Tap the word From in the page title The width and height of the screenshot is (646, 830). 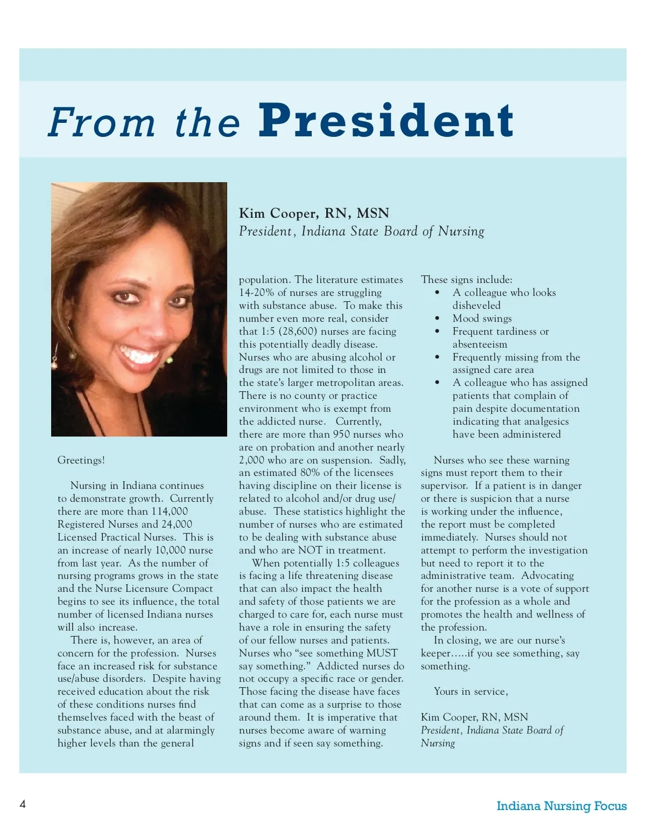(x=102, y=122)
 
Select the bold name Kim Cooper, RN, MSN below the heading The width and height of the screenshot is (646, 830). (x=314, y=213)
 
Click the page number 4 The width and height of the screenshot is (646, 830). (x=23, y=804)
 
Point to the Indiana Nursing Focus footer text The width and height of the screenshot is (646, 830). (x=561, y=806)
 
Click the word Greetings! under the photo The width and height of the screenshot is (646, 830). (x=81, y=460)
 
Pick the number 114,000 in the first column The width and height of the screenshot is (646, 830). (x=170, y=511)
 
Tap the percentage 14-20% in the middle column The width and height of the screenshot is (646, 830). (x=256, y=293)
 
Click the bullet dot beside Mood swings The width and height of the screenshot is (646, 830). (x=438, y=319)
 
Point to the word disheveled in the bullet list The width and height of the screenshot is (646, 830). (x=476, y=306)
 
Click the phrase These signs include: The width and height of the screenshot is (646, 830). (x=467, y=280)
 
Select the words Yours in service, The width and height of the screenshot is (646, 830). (x=471, y=691)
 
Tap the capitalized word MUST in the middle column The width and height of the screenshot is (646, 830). (x=382, y=653)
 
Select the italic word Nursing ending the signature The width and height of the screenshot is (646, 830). (x=438, y=743)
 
